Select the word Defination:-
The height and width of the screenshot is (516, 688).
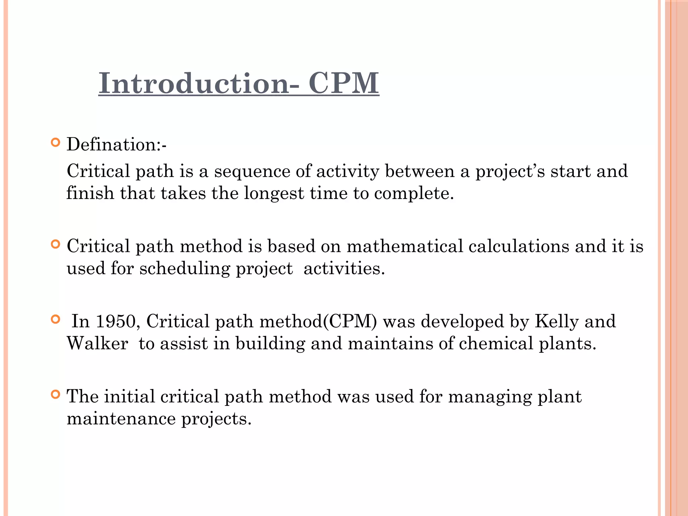(116, 145)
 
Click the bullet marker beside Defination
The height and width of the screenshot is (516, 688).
(55, 143)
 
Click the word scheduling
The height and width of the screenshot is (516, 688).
(184, 269)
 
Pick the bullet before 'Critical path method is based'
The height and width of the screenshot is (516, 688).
(55, 244)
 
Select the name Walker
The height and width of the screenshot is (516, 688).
(97, 344)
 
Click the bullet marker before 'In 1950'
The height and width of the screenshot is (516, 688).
(55, 319)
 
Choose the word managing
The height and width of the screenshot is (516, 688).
(490, 397)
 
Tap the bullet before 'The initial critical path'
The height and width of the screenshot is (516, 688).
(55, 394)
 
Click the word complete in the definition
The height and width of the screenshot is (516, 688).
(414, 193)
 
